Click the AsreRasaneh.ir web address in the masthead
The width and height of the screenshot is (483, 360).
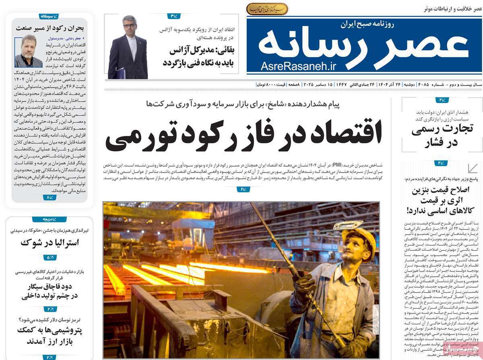pos(298,66)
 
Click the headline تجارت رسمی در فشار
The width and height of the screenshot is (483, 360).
pos(442,136)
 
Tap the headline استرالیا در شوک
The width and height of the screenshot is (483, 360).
pos(50,243)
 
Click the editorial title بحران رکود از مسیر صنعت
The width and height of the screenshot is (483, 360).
pos(50,28)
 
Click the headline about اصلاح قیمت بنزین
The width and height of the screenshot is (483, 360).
pos(442,200)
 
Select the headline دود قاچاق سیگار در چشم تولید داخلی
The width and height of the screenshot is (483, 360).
pos(50,291)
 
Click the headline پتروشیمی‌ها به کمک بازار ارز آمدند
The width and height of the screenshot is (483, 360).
pos(49,336)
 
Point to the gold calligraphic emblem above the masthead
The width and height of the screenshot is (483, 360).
pos(267,8)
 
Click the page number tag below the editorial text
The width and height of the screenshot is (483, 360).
pos(50,197)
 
